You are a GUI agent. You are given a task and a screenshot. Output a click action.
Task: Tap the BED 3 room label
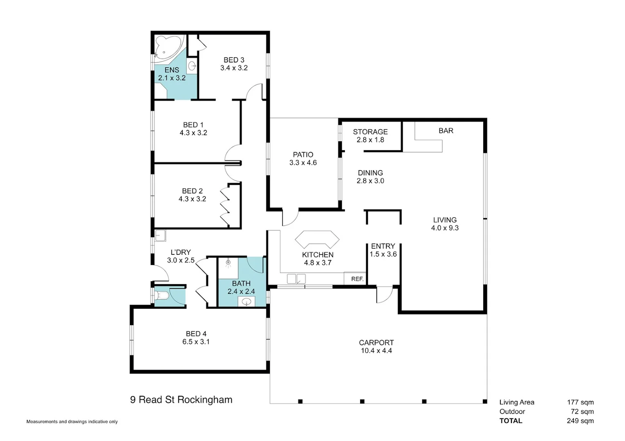[x=234, y=60]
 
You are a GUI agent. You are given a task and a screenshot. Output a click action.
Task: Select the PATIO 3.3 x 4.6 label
[x=303, y=158]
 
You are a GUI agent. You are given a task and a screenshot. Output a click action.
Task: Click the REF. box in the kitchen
[x=357, y=279]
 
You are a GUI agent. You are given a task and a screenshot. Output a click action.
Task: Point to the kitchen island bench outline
[x=317, y=239]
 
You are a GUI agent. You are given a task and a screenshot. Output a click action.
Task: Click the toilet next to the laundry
[x=162, y=295]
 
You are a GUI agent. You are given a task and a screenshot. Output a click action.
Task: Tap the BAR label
[x=446, y=131]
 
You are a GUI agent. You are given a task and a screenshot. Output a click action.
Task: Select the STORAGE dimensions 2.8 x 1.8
[x=370, y=140]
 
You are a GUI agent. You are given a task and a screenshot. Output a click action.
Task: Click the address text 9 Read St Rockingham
[x=181, y=400]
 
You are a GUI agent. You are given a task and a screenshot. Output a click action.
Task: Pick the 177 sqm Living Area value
[x=580, y=402]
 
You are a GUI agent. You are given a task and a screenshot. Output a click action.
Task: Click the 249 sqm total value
[x=580, y=421]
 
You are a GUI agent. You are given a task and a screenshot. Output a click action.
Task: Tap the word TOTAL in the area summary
[x=511, y=421]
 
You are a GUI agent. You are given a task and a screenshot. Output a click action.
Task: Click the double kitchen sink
[x=296, y=279]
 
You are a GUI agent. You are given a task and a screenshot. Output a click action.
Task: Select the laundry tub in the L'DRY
[x=160, y=235]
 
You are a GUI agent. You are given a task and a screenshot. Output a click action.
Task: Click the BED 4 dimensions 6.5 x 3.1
[x=196, y=342]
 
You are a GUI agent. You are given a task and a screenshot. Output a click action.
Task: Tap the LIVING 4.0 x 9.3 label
[x=445, y=224]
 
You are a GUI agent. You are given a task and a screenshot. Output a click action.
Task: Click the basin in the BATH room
[x=246, y=302]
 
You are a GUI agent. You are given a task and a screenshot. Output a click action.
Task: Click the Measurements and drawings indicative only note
[x=72, y=421]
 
